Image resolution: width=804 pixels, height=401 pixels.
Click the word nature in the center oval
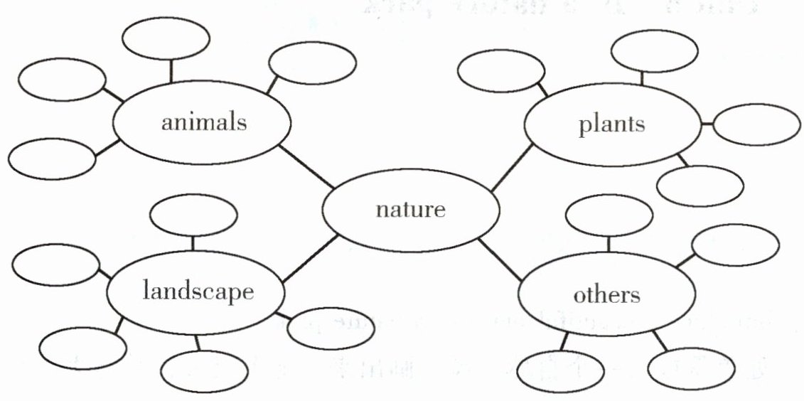(x=410, y=210)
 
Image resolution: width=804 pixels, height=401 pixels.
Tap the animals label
(x=204, y=122)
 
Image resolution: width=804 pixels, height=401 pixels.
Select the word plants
(x=611, y=124)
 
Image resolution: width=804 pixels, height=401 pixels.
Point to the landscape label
(x=198, y=292)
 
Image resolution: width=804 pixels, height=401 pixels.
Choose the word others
(x=607, y=294)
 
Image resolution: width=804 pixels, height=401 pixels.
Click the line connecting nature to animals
(x=306, y=167)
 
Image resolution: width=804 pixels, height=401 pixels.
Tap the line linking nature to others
(x=502, y=260)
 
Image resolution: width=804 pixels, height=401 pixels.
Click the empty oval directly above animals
(x=166, y=38)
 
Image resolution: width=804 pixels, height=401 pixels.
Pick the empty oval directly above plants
(x=653, y=50)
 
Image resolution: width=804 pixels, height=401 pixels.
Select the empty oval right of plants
(x=756, y=124)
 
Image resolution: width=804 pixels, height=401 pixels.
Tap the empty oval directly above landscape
(x=194, y=214)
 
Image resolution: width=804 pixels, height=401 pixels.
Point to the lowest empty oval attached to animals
(x=52, y=157)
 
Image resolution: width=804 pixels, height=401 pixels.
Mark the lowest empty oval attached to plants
(x=700, y=186)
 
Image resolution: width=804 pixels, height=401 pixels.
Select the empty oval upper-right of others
(x=734, y=245)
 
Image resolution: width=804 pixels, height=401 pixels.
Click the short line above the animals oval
(x=171, y=71)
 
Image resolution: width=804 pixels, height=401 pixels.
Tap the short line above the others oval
(x=609, y=243)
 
